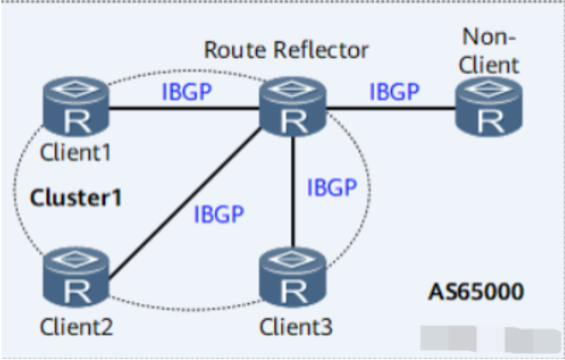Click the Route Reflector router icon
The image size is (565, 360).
(292, 107)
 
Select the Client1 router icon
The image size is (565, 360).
(76, 107)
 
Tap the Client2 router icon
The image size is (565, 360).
(76, 279)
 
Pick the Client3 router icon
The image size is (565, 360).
(293, 279)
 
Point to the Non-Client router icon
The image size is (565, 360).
(489, 107)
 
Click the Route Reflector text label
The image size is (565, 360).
(286, 51)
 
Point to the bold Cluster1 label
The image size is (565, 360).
(76, 198)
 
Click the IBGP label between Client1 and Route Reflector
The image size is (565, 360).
(187, 92)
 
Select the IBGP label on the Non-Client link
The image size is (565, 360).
(394, 92)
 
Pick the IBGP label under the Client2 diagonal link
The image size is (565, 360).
(219, 214)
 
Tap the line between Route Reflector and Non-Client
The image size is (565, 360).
(391, 108)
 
